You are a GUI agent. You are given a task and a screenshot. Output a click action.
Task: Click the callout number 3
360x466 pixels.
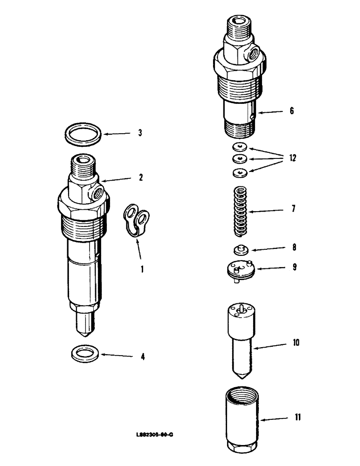click(x=139, y=133)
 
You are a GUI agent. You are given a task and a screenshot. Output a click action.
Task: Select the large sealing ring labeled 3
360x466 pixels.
click(x=84, y=134)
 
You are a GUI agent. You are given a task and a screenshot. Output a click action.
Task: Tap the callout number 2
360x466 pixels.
click(x=140, y=178)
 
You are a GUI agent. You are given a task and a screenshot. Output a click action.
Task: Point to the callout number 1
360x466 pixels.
click(x=143, y=269)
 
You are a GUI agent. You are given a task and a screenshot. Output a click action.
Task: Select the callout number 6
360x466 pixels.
click(x=291, y=111)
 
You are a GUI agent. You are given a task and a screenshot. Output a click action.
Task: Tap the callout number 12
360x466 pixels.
click(x=292, y=158)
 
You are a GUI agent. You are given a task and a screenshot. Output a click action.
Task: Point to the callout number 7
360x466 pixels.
click(x=293, y=209)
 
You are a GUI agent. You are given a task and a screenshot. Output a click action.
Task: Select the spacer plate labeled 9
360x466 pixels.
click(x=239, y=270)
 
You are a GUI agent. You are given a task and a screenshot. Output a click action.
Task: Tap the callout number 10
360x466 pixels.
click(x=296, y=343)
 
